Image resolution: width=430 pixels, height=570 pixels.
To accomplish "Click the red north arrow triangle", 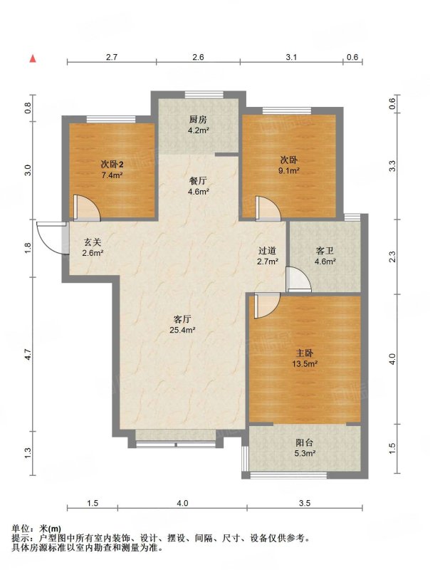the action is pyautogui.click(x=33, y=58).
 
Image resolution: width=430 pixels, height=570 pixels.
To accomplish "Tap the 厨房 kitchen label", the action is pyautogui.click(x=198, y=120).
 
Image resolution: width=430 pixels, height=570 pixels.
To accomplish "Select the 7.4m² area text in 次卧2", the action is pyautogui.click(x=112, y=175).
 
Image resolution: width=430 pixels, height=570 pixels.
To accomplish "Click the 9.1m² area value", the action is pyautogui.click(x=289, y=170).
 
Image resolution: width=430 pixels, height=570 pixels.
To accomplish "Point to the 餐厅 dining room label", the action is pyautogui.click(x=199, y=181).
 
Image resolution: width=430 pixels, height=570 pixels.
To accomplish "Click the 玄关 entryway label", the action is pyautogui.click(x=93, y=242).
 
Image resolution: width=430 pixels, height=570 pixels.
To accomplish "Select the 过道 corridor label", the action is pyautogui.click(x=267, y=251).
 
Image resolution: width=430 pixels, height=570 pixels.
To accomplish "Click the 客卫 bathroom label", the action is pyautogui.click(x=325, y=251).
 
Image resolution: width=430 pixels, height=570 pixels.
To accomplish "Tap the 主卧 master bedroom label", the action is pyautogui.click(x=305, y=353).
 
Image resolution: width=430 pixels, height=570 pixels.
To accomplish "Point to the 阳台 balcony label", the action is pyautogui.click(x=304, y=443).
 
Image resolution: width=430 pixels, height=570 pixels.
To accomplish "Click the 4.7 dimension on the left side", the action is pyautogui.click(x=28, y=355).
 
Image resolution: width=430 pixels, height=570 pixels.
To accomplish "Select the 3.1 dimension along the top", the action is pyautogui.click(x=291, y=57).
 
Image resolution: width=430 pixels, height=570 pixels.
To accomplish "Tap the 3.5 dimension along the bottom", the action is pyautogui.click(x=304, y=503).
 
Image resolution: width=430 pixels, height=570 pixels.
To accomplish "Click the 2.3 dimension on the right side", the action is pyautogui.click(x=392, y=257).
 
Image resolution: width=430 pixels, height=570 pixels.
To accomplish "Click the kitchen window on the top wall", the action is pyautogui.click(x=204, y=95).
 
